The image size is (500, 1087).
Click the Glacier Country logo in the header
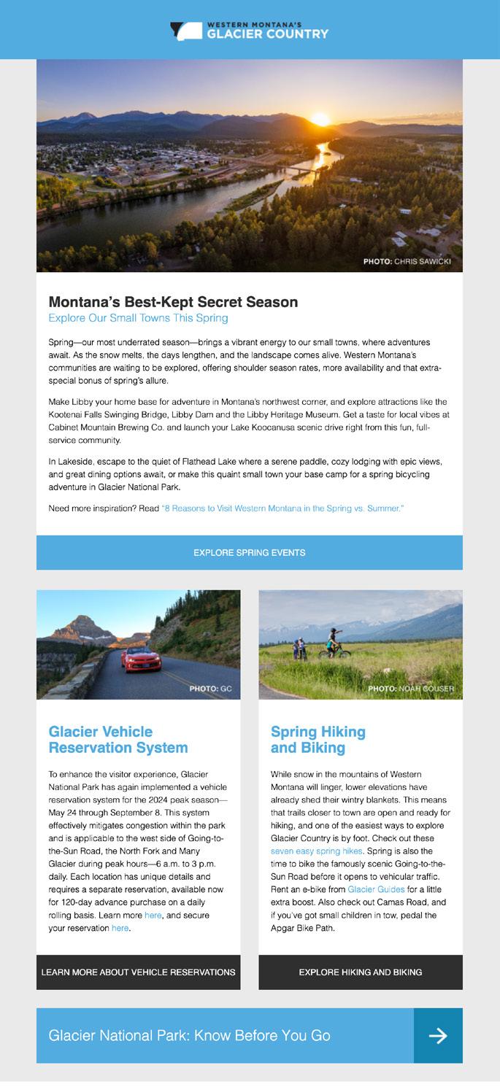(250, 31)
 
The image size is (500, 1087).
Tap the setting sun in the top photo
(320, 120)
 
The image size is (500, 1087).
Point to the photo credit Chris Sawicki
(407, 261)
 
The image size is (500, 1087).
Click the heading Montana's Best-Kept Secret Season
(173, 302)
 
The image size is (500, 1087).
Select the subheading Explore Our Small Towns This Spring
(138, 318)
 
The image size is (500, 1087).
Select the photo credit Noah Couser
(410, 689)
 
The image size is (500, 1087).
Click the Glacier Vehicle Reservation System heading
(118, 740)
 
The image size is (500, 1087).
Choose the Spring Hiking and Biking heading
(318, 740)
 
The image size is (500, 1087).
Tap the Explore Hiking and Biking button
(361, 972)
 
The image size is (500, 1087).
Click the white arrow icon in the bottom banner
(438, 1036)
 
